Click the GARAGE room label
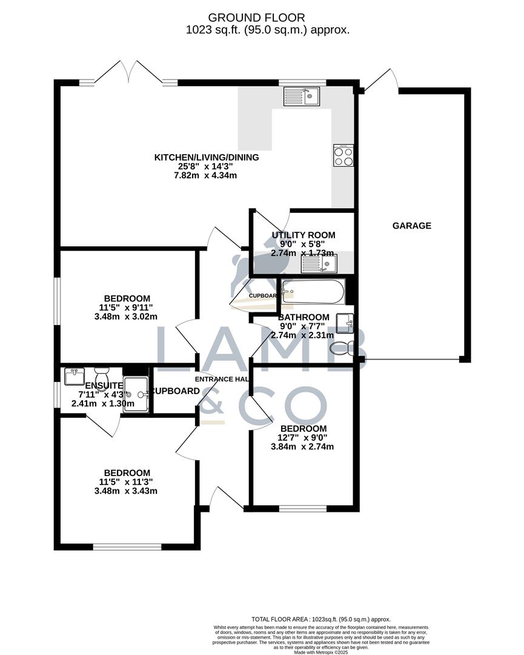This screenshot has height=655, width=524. coord(412,226)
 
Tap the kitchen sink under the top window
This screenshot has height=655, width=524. coord(302,96)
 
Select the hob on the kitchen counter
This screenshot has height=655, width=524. coord(343,155)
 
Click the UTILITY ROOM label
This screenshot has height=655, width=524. coord(303,235)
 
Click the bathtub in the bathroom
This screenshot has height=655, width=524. coord(313,292)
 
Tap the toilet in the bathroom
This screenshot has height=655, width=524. coord(343,348)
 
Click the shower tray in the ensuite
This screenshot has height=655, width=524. coord(136,395)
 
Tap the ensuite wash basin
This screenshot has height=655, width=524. coord(75,377)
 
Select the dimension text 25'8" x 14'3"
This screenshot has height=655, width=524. coord(207,167)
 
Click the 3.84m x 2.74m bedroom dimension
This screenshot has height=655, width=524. coord(303,447)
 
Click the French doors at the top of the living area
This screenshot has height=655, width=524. coord(128,73)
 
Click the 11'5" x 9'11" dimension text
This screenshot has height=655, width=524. coord(127,307)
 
